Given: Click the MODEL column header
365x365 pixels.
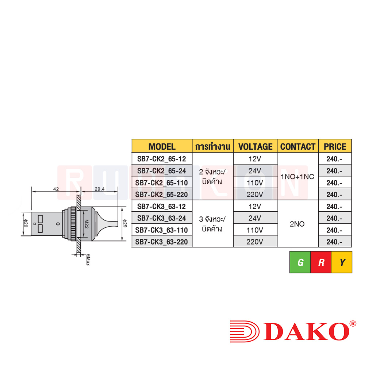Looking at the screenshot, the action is click(x=162, y=146).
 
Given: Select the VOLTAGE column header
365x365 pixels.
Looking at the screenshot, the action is click(x=255, y=146).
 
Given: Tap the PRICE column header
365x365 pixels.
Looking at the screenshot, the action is click(x=335, y=146).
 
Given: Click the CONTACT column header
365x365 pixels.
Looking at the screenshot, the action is click(x=298, y=146).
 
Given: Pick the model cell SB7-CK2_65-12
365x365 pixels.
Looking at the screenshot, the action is click(x=162, y=159).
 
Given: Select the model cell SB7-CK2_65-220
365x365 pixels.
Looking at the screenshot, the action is click(x=162, y=195).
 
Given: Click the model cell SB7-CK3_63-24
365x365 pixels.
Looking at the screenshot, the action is click(x=162, y=218).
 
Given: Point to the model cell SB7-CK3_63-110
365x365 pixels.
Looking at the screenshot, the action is click(x=162, y=230).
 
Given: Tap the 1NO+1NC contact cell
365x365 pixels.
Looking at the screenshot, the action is click(x=297, y=177).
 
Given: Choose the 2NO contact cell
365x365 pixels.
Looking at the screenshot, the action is click(x=297, y=224).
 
